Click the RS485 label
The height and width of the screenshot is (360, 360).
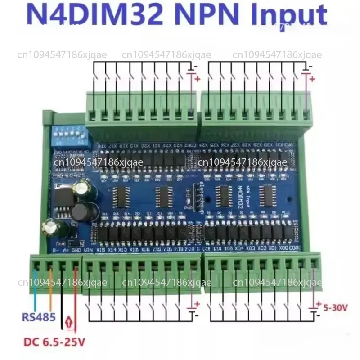(39, 317)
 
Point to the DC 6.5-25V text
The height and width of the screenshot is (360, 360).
(52, 342)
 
